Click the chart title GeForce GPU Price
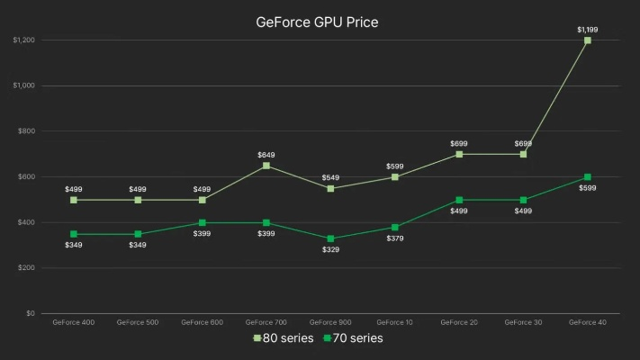point(317,22)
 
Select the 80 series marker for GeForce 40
point(587,40)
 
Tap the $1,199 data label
point(587,30)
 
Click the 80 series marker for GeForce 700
point(266,166)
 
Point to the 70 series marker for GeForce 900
point(330,238)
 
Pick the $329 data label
point(330,249)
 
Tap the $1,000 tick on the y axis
point(24,85)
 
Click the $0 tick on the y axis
point(31,313)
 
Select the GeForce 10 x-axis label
point(394,321)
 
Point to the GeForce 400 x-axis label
point(74,321)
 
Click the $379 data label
point(394,238)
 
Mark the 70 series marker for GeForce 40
point(587,177)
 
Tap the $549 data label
point(330,177)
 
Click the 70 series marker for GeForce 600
point(202,222)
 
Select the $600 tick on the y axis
point(26,176)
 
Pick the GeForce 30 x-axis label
point(523,321)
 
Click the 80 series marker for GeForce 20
point(459,154)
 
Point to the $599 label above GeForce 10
point(394,166)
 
